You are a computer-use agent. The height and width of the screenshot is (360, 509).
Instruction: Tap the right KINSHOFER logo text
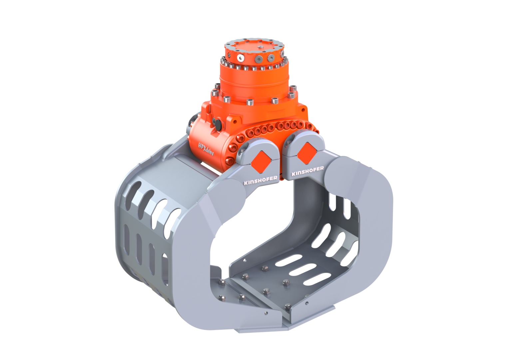tap(307, 171)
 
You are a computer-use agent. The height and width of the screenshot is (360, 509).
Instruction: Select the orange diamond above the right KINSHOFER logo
tap(306, 153)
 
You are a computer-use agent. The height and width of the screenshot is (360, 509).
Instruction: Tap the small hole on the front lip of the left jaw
tap(266, 313)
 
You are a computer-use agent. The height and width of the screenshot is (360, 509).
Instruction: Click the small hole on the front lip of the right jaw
tap(306, 303)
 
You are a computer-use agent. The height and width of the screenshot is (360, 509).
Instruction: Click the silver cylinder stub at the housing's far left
tap(193, 121)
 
